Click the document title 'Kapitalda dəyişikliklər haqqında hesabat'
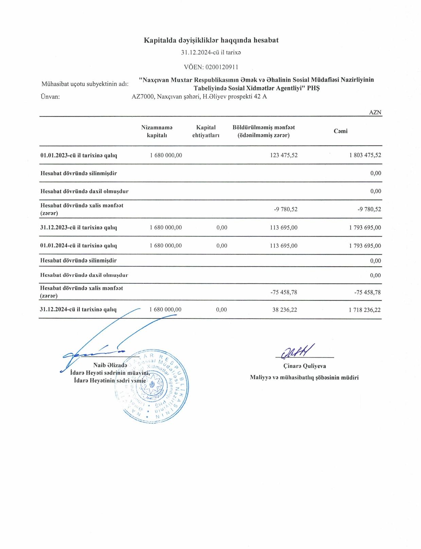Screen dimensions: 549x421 tap(211, 40)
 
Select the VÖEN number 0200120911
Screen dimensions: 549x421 tap(222, 67)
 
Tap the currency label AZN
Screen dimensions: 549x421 tap(375, 113)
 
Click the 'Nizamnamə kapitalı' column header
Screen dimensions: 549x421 tap(157, 131)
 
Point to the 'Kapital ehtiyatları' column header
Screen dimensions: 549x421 tap(206, 131)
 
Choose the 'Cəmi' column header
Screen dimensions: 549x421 tap(340, 131)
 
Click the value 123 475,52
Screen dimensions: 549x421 tap(284, 155)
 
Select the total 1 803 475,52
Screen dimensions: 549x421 tap(365, 155)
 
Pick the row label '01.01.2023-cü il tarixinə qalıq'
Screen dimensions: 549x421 tap(78, 155)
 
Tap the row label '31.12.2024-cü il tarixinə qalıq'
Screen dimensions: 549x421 tap(78, 310)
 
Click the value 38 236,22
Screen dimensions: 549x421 tap(285, 310)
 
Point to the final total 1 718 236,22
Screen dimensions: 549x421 tap(365, 310)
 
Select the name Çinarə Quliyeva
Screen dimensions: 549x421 tap(304, 366)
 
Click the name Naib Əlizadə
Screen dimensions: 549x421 tap(110, 365)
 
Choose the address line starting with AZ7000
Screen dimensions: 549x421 tap(199, 97)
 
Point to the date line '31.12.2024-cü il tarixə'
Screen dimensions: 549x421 tap(211, 53)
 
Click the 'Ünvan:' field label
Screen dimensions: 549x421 tap(50, 97)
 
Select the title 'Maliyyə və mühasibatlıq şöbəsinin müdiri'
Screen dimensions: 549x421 tap(304, 377)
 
